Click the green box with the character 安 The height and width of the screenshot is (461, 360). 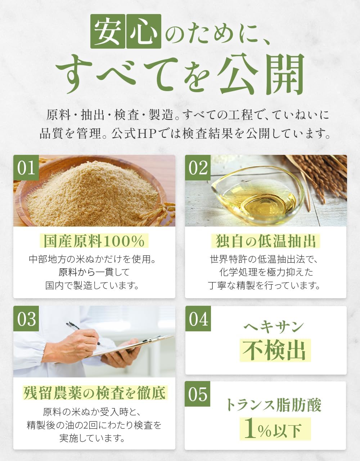(x=107, y=31)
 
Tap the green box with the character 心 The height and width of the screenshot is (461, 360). (x=143, y=31)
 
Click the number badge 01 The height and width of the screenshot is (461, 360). (x=26, y=168)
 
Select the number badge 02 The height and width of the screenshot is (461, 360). (x=198, y=168)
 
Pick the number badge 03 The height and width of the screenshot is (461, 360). (x=26, y=319)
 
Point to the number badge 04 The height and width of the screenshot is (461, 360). (x=198, y=319)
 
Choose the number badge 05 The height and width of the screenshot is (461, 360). (x=198, y=394)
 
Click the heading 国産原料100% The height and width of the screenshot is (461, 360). (x=94, y=241)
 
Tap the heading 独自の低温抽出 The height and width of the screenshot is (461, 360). (x=266, y=241)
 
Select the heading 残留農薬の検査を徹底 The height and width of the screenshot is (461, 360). (x=94, y=393)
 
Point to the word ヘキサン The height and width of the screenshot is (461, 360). (x=274, y=327)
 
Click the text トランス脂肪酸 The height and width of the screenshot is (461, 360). (x=274, y=405)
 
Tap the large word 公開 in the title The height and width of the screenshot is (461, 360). (x=262, y=75)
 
